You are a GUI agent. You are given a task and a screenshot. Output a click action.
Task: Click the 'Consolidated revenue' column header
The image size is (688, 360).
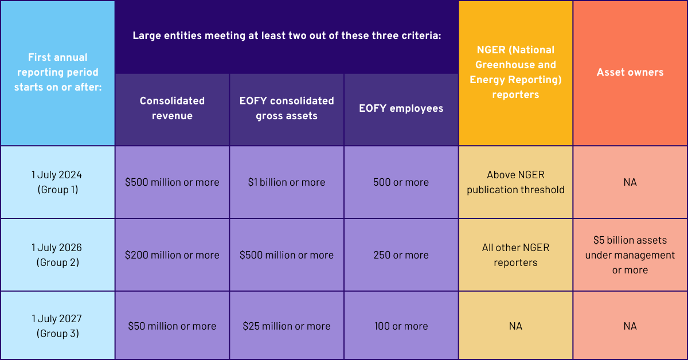(172, 108)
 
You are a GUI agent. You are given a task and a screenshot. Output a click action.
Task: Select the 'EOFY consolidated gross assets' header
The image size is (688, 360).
(287, 108)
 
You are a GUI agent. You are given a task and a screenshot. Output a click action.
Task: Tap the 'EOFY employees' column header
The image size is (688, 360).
(401, 108)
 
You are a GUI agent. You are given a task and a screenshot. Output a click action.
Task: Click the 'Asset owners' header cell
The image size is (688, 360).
(630, 72)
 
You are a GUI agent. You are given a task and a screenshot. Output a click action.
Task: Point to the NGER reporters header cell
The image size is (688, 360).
(515, 72)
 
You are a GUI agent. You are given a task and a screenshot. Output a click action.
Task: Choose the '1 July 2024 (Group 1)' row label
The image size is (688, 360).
(57, 182)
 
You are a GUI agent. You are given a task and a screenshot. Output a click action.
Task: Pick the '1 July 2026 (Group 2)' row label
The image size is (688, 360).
(57, 255)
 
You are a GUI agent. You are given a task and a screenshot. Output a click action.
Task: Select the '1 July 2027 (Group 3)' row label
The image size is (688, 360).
(57, 326)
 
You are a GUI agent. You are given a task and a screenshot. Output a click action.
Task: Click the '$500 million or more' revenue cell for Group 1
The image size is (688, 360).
(172, 182)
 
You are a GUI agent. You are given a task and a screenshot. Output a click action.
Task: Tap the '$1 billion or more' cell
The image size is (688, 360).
(287, 182)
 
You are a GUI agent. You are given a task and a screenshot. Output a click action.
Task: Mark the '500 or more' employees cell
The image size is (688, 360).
(401, 182)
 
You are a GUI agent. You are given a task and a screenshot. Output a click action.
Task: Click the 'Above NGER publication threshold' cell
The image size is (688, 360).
(515, 182)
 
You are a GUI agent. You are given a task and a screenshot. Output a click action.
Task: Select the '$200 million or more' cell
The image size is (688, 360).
(172, 255)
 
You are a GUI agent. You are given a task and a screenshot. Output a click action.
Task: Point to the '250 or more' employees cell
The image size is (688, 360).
(401, 255)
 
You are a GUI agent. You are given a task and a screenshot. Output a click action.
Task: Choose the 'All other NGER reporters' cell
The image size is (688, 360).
(515, 255)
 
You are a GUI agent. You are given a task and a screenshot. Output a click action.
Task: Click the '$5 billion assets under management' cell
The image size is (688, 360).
(630, 255)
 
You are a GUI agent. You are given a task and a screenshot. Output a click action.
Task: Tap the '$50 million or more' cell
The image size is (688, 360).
(172, 326)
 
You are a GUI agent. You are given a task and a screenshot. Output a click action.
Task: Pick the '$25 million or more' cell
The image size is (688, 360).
(287, 326)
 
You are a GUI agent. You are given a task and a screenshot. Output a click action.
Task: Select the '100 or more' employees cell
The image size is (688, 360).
(401, 326)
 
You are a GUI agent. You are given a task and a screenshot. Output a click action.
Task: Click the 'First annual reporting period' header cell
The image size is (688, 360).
(57, 72)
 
